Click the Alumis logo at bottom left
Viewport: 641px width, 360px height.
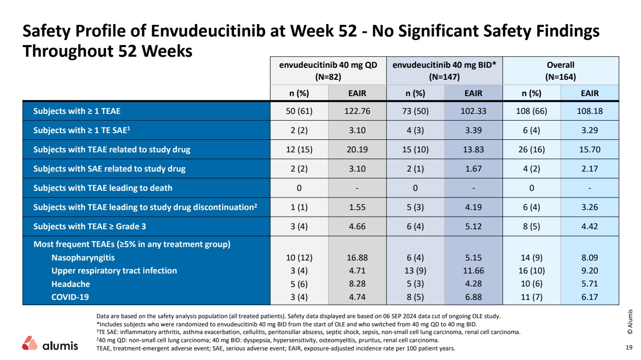coord(50,344)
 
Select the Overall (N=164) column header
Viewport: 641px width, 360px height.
coord(561,71)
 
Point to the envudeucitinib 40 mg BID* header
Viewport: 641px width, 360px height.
coord(444,71)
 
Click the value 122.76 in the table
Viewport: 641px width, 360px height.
coord(357,111)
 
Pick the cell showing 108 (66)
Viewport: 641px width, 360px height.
coord(532,111)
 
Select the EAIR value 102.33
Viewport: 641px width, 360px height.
coord(473,111)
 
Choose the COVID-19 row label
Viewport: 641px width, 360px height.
coord(70,297)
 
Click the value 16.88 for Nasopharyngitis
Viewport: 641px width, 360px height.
coord(357,258)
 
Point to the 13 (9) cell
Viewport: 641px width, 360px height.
coord(415,271)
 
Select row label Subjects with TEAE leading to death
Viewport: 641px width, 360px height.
coord(102,187)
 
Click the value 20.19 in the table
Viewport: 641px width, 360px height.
coord(357,149)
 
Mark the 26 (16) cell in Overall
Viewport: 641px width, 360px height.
coord(532,149)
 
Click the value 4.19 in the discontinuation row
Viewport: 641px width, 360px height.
coord(473,207)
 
